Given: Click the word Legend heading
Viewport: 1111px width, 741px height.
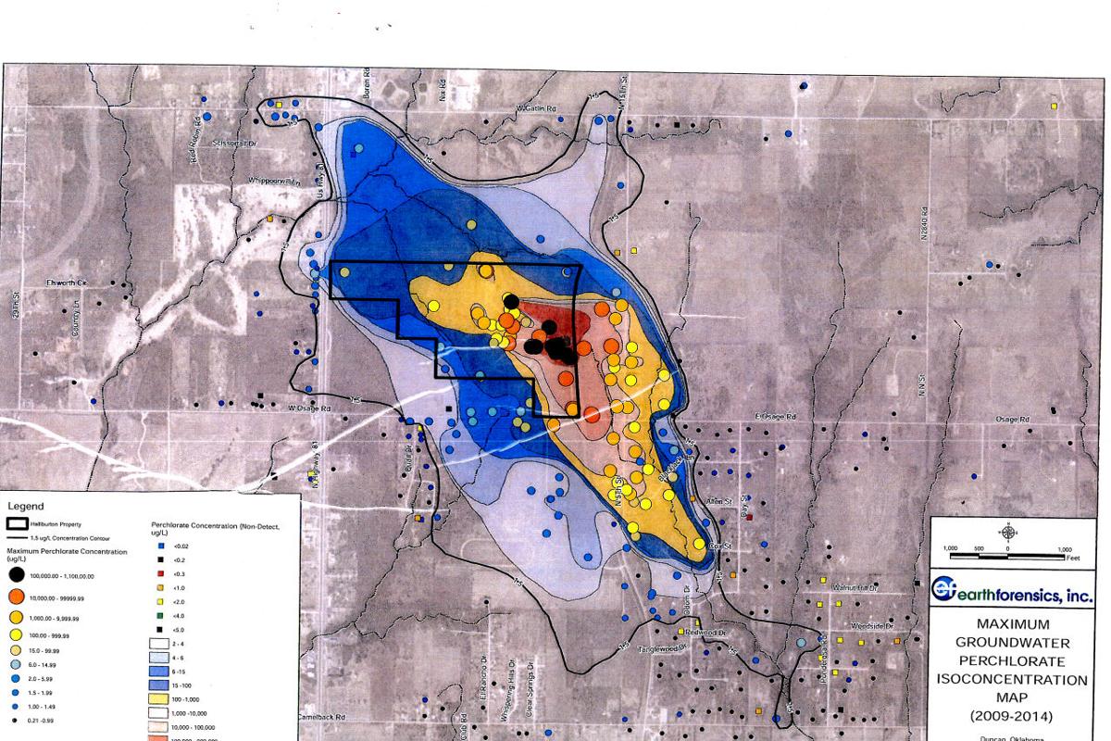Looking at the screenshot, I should [x=26, y=507].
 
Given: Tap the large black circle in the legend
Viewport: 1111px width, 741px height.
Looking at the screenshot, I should [x=18, y=576].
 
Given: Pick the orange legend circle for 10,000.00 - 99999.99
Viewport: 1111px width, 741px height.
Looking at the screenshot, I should [x=18, y=598].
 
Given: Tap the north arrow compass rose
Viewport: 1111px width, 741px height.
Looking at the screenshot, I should [x=1007, y=532].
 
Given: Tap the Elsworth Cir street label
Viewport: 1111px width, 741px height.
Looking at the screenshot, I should [x=66, y=281].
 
